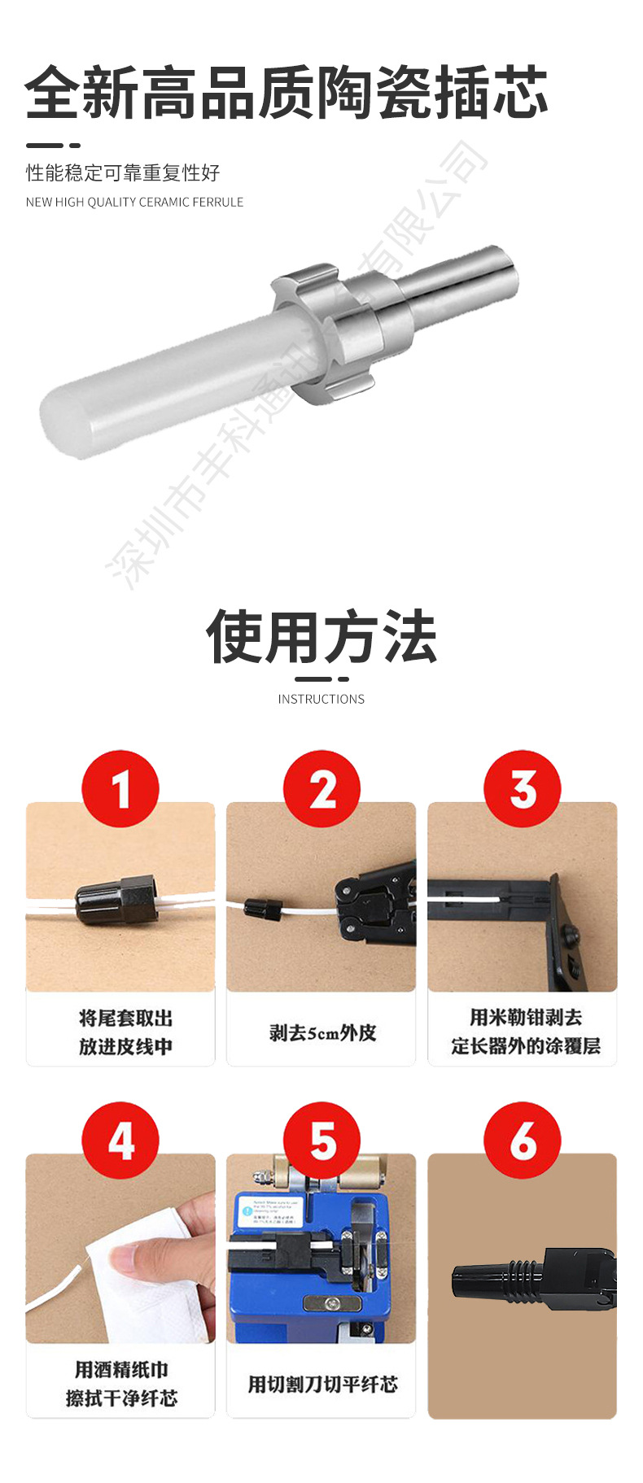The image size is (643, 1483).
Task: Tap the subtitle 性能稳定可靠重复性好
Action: (x=123, y=172)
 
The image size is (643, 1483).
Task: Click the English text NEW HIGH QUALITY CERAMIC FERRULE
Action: (x=134, y=202)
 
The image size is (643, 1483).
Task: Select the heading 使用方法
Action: (x=321, y=637)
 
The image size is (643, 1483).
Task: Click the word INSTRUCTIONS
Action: (x=321, y=699)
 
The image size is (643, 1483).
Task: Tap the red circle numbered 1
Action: (x=120, y=788)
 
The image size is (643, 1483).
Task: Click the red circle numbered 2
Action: (x=321, y=788)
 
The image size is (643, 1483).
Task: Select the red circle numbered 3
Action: (x=523, y=788)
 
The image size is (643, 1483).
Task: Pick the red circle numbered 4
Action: (x=120, y=1140)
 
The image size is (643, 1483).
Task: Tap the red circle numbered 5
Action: (x=321, y=1140)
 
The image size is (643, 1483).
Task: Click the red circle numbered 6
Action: (x=523, y=1140)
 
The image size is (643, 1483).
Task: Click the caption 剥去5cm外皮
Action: (x=322, y=1032)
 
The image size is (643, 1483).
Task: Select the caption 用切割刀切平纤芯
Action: (x=322, y=1384)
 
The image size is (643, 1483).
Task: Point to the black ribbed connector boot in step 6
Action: (x=496, y=1282)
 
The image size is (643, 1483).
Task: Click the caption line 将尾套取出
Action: (x=125, y=1018)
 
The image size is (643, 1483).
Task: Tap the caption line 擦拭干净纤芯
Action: (x=121, y=1398)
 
